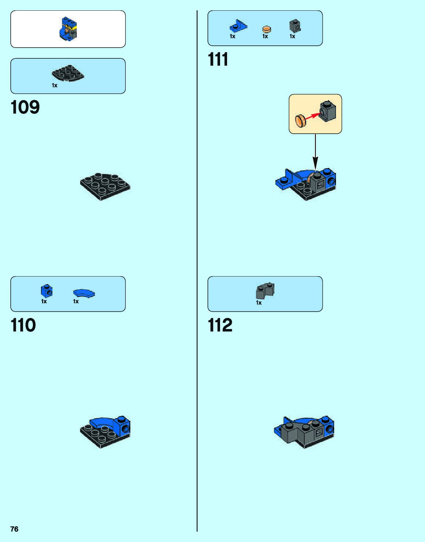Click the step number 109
pyautogui.click(x=25, y=107)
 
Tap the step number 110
pyautogui.click(x=23, y=325)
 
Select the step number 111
pyautogui.click(x=218, y=59)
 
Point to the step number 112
pyautogui.click(x=220, y=325)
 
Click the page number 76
pyautogui.click(x=14, y=529)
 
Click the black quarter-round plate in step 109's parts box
pyautogui.click(x=68, y=73)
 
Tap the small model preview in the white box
pyautogui.click(x=68, y=29)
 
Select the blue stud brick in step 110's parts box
pyautogui.click(x=47, y=291)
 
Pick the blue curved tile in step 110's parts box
pyautogui.click(x=84, y=293)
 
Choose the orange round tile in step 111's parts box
pyautogui.click(x=267, y=29)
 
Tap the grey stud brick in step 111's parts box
pyautogui.click(x=295, y=26)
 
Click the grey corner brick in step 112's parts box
pyautogui.click(x=265, y=291)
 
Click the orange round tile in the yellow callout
pyautogui.click(x=301, y=120)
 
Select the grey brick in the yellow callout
pyautogui.click(x=328, y=110)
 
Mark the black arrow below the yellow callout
pyautogui.click(x=315, y=151)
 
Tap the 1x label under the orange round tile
pyautogui.click(x=265, y=36)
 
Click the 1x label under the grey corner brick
pyautogui.click(x=259, y=303)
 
